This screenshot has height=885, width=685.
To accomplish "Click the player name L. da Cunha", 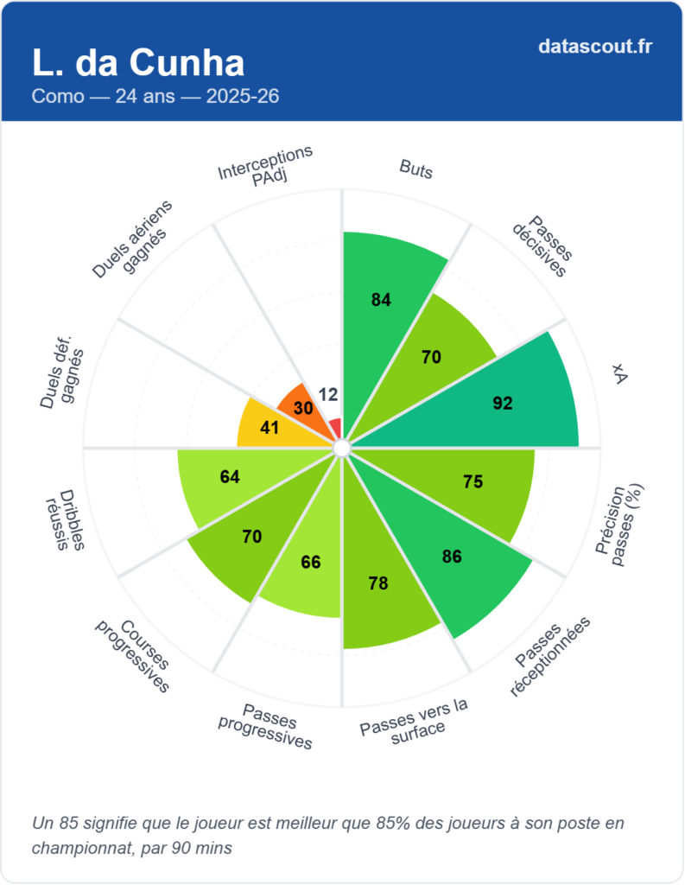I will (137, 62).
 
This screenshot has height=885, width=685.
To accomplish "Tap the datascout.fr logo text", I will (595, 46).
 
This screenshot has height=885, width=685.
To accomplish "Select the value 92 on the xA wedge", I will (503, 403).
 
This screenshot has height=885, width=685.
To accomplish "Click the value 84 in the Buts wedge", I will (381, 301).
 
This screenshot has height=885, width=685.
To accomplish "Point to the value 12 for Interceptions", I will (328, 394).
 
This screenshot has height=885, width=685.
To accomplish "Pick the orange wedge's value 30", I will (303, 408).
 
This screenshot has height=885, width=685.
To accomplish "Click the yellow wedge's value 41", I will (270, 427).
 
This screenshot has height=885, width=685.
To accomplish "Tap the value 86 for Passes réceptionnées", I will (452, 557).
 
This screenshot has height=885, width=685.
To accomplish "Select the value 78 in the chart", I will (377, 584).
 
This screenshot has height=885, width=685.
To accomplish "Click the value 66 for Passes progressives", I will (310, 563).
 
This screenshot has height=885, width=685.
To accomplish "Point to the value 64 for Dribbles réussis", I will (230, 477).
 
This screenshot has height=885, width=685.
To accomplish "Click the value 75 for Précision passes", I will (473, 482).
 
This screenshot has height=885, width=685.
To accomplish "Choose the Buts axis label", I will (415, 169).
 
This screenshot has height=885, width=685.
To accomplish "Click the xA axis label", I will (618, 372).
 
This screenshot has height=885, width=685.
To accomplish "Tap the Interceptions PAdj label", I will (264, 163).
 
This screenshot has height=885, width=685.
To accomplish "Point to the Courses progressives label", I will (133, 653).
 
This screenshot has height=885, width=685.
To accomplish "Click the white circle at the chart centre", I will (341, 448).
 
